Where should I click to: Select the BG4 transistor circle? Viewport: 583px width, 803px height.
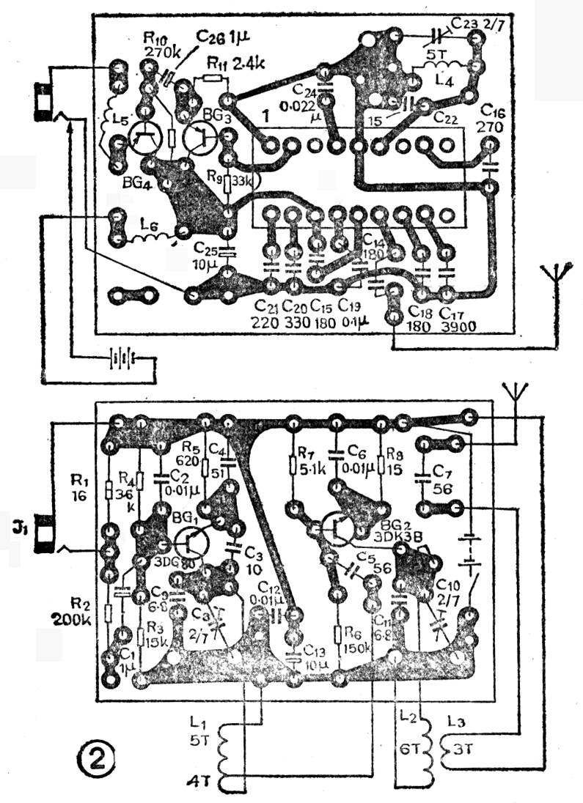tap(144, 138)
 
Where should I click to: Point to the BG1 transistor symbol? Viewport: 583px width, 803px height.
tap(191, 542)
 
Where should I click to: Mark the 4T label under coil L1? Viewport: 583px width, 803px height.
tap(197, 778)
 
